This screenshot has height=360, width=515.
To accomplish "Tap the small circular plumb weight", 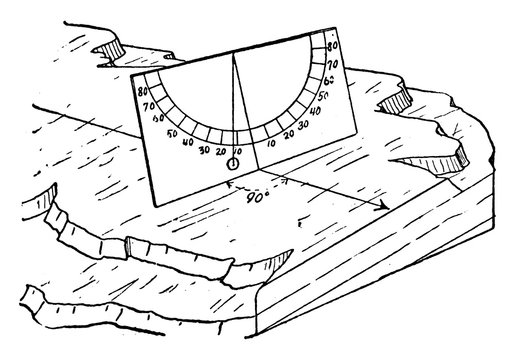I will [x=233, y=163].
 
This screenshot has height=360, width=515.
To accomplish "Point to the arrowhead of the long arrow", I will [x=385, y=207].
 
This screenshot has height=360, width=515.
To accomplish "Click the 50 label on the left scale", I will [x=172, y=134].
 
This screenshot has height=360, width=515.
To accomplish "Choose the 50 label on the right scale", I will [x=322, y=98].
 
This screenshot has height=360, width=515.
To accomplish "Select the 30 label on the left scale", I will [x=204, y=150].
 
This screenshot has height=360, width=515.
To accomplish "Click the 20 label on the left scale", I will [x=220, y=153].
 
